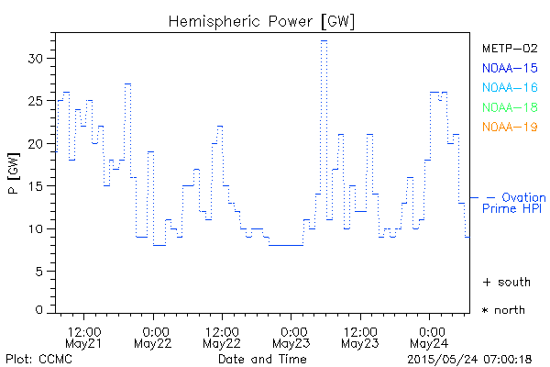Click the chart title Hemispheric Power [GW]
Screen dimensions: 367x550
pyautogui.click(x=261, y=19)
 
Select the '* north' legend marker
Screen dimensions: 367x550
pyautogui.click(x=503, y=310)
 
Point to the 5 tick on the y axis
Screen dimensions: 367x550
pyautogui.click(x=42, y=272)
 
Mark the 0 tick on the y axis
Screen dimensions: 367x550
pyautogui.click(x=42, y=310)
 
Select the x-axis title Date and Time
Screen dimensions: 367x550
pyautogui.click(x=261, y=359)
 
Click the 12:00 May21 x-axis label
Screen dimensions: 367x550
pyautogui.click(x=84, y=337)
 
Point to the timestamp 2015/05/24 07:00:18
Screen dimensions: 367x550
pyautogui.click(x=470, y=359)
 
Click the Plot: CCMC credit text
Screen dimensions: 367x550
pyautogui.click(x=38, y=359)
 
